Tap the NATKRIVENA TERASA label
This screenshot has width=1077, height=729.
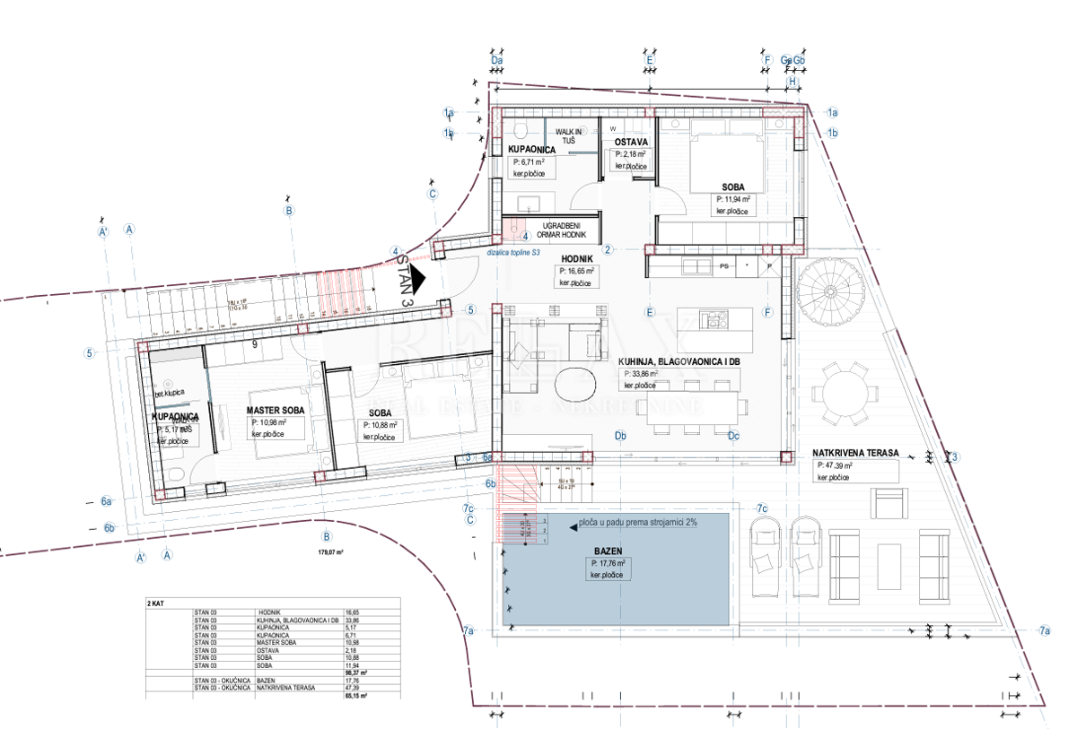855,453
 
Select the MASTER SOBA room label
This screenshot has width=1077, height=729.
276,410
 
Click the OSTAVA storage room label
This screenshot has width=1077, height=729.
632,142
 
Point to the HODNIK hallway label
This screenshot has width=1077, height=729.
577,256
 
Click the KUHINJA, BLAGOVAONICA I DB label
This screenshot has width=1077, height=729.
679,361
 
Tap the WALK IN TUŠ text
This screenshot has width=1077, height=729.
574,136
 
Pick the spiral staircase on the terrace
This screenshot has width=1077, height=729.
830,289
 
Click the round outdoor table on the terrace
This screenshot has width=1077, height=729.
841,392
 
